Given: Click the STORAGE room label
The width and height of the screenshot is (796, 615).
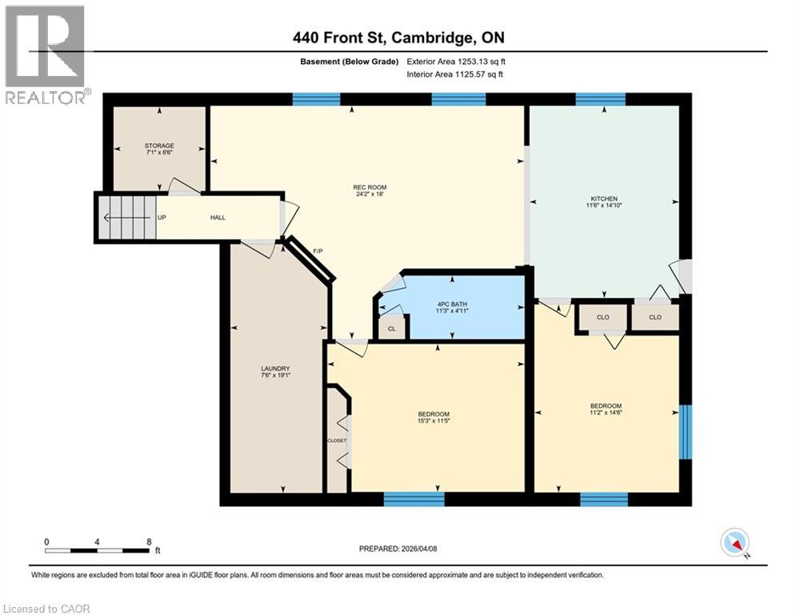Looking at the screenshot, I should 159,146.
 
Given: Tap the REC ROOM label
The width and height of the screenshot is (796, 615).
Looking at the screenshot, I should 364,188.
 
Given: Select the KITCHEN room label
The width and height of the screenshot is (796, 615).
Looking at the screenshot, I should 604,199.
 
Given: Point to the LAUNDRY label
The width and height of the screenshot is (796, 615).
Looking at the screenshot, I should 270,368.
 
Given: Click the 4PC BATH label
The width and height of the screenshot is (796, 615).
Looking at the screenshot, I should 451,304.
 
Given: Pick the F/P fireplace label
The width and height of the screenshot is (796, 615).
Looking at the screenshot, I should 318,251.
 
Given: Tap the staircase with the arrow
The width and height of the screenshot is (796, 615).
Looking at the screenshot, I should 126,217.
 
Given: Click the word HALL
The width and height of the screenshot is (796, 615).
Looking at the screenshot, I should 218,217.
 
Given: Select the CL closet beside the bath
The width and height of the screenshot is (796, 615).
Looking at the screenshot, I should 391,328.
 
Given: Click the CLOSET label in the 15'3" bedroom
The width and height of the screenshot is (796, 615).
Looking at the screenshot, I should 337,440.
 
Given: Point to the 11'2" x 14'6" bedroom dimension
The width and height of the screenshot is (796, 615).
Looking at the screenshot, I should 605,413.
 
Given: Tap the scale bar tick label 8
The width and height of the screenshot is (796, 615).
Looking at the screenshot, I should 149,541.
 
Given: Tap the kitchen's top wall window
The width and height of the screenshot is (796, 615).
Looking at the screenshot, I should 600,99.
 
